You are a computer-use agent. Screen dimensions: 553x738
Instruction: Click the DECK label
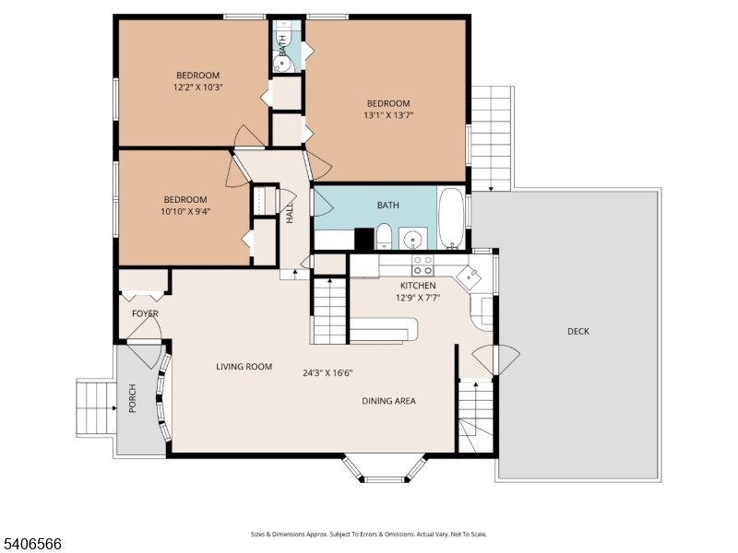(577, 332)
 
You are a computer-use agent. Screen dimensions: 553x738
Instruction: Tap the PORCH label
(132, 397)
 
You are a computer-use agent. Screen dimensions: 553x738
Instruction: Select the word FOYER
(145, 314)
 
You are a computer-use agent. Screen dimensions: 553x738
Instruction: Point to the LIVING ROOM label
(244, 367)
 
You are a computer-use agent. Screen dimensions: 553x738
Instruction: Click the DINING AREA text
(387, 401)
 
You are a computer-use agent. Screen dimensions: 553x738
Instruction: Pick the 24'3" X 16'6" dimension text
(327, 373)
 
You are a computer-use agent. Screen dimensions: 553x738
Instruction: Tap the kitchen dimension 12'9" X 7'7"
(418, 298)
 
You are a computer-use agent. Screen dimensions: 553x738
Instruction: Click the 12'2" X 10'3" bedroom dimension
(197, 88)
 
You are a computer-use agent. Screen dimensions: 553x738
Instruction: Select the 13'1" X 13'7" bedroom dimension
(387, 116)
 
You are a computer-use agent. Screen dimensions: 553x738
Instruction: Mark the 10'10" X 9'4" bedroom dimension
(185, 212)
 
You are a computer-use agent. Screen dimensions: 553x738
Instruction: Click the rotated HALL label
(290, 214)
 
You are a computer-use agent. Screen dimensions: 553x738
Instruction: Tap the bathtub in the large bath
(451, 219)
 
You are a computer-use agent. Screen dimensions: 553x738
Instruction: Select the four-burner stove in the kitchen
(423, 265)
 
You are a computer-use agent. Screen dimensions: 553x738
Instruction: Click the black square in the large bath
(363, 239)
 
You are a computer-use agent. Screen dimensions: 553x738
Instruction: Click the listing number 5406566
(32, 544)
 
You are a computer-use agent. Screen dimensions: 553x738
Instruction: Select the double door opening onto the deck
(495, 360)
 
